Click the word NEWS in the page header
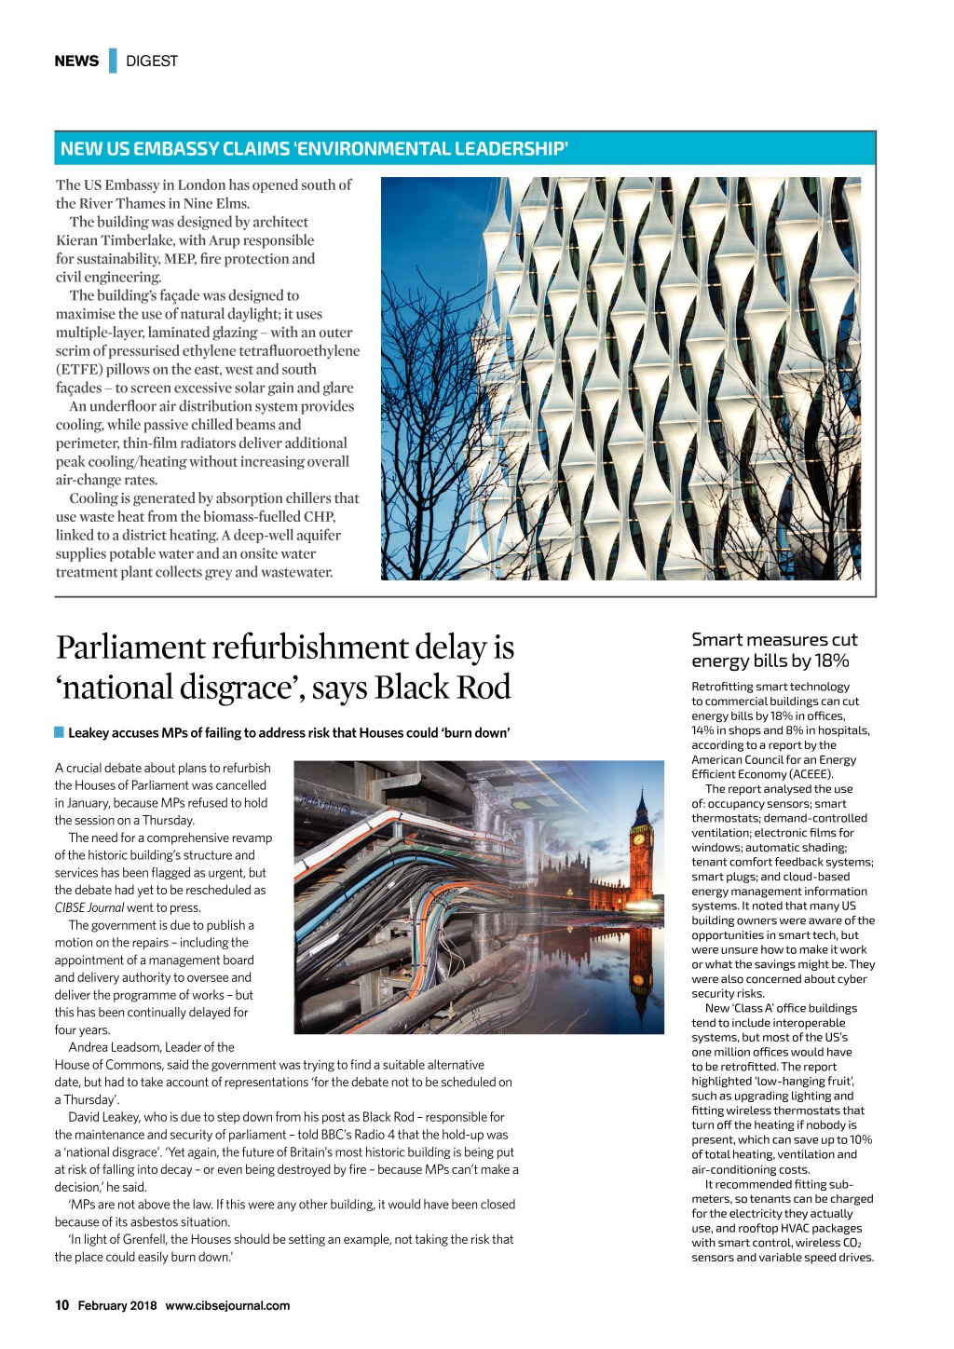click(x=76, y=61)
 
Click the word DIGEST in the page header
click(x=152, y=61)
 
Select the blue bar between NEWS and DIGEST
click(x=113, y=61)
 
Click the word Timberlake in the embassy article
click(x=139, y=240)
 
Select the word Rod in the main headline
click(x=483, y=688)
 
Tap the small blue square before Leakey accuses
click(x=60, y=732)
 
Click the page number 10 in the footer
click(x=61, y=1305)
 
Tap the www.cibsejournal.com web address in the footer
click(x=227, y=1306)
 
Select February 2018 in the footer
click(x=117, y=1306)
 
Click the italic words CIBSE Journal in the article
click(x=89, y=907)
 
